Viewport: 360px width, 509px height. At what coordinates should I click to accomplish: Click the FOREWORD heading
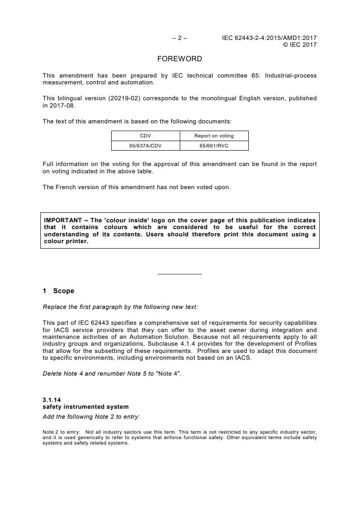[x=180, y=59]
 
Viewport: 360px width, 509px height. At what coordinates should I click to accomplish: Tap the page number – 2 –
[x=180, y=38]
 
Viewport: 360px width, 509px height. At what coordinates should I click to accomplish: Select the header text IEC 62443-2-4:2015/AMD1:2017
[x=269, y=38]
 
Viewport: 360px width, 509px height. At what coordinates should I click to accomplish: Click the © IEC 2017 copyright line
[x=300, y=44]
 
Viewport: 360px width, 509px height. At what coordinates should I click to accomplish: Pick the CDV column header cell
[x=146, y=136]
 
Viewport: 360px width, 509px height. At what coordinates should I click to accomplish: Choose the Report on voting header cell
[x=214, y=136]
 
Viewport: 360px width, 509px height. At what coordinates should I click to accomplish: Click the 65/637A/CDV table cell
[x=146, y=146]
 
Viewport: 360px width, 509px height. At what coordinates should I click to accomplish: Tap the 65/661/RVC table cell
[x=214, y=146]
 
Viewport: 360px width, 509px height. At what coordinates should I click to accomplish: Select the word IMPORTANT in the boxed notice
[x=62, y=220]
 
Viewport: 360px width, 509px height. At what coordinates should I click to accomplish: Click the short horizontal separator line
[x=180, y=274]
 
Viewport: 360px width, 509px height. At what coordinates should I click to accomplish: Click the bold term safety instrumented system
[x=85, y=407]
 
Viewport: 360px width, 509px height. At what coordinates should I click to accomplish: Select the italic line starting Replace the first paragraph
[x=120, y=307]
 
